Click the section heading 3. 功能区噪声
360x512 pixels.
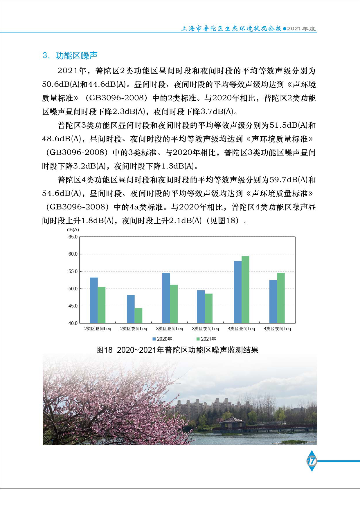pos(70,55)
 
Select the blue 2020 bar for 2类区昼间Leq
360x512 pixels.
pos(94,300)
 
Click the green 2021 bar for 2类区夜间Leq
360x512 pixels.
pos(138,316)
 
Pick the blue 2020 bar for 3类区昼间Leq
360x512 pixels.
pos(166,298)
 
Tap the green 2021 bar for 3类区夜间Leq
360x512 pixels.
pos(208,308)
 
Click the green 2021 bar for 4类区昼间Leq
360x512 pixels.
pos(245,290)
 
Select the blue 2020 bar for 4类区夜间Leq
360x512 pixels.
pos(273,301)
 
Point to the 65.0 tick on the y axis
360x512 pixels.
pos(73,237)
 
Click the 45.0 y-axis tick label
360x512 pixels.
pos(73,306)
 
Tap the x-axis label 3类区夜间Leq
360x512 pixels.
pos(206,329)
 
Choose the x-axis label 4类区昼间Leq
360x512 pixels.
pos(241,329)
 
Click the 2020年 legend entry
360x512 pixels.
pos(162,339)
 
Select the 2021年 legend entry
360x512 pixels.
pos(206,339)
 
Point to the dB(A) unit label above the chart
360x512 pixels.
pos(73,230)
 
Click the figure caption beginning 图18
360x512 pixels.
pos(177,350)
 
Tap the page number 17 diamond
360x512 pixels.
pos(312,461)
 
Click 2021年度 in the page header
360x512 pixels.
pos(301,29)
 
